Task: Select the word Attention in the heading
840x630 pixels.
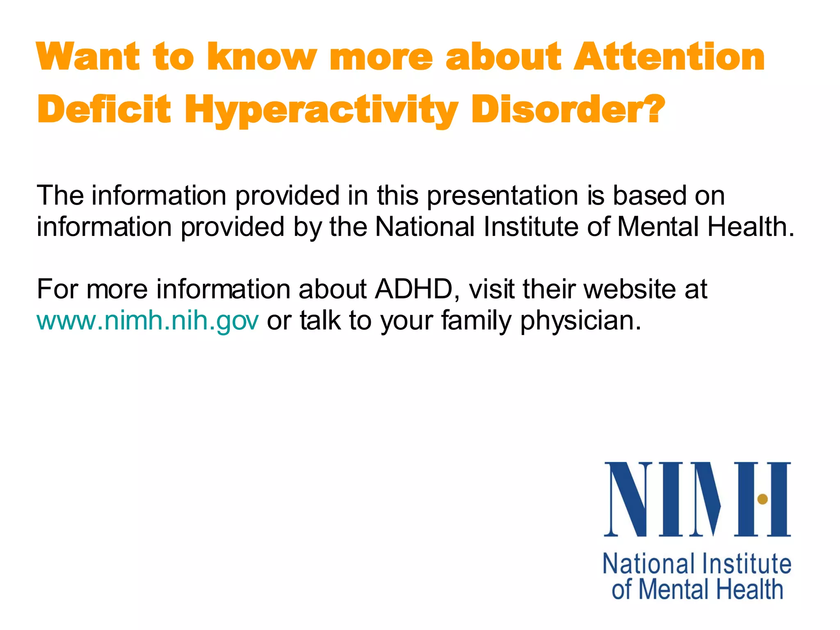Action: tap(669, 57)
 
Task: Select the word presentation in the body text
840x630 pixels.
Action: tap(502, 195)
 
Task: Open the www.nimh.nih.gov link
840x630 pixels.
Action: tap(148, 321)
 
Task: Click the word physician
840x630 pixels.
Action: tap(580, 321)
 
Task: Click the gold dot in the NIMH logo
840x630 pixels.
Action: tap(762, 499)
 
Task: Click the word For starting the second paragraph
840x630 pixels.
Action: tap(57, 289)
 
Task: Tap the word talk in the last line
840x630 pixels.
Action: tap(320, 321)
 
